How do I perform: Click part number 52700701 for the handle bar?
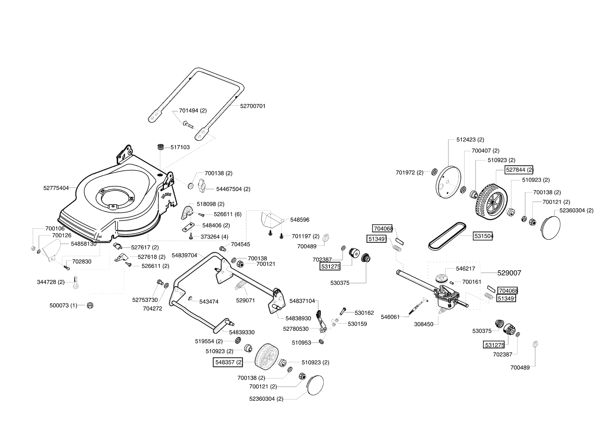[x=253, y=106]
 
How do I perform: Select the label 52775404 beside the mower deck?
[x=56, y=188]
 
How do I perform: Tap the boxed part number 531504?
[x=483, y=236]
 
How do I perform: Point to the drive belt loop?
[x=448, y=236]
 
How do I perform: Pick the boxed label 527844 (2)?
[x=519, y=170]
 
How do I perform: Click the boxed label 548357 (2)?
[x=228, y=362]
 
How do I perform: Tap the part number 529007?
[x=509, y=273]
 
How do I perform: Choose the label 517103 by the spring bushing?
[x=180, y=147]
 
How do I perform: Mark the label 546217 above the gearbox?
[x=465, y=269]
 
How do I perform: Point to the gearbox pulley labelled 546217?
[x=441, y=278]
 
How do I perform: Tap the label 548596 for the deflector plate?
[x=300, y=220]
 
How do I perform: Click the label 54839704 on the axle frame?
[x=184, y=255]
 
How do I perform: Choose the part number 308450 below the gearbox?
[x=424, y=324]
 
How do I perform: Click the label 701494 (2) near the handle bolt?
[x=193, y=111]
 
